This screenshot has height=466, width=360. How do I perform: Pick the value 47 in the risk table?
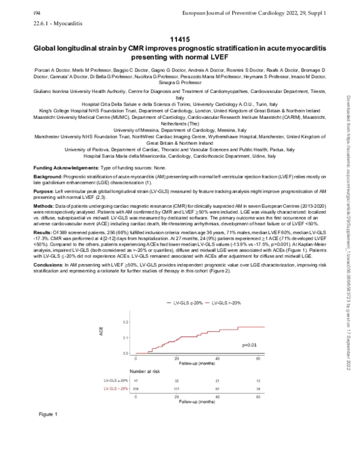point(135,381)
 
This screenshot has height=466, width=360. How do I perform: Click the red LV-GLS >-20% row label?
point(116,389)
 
